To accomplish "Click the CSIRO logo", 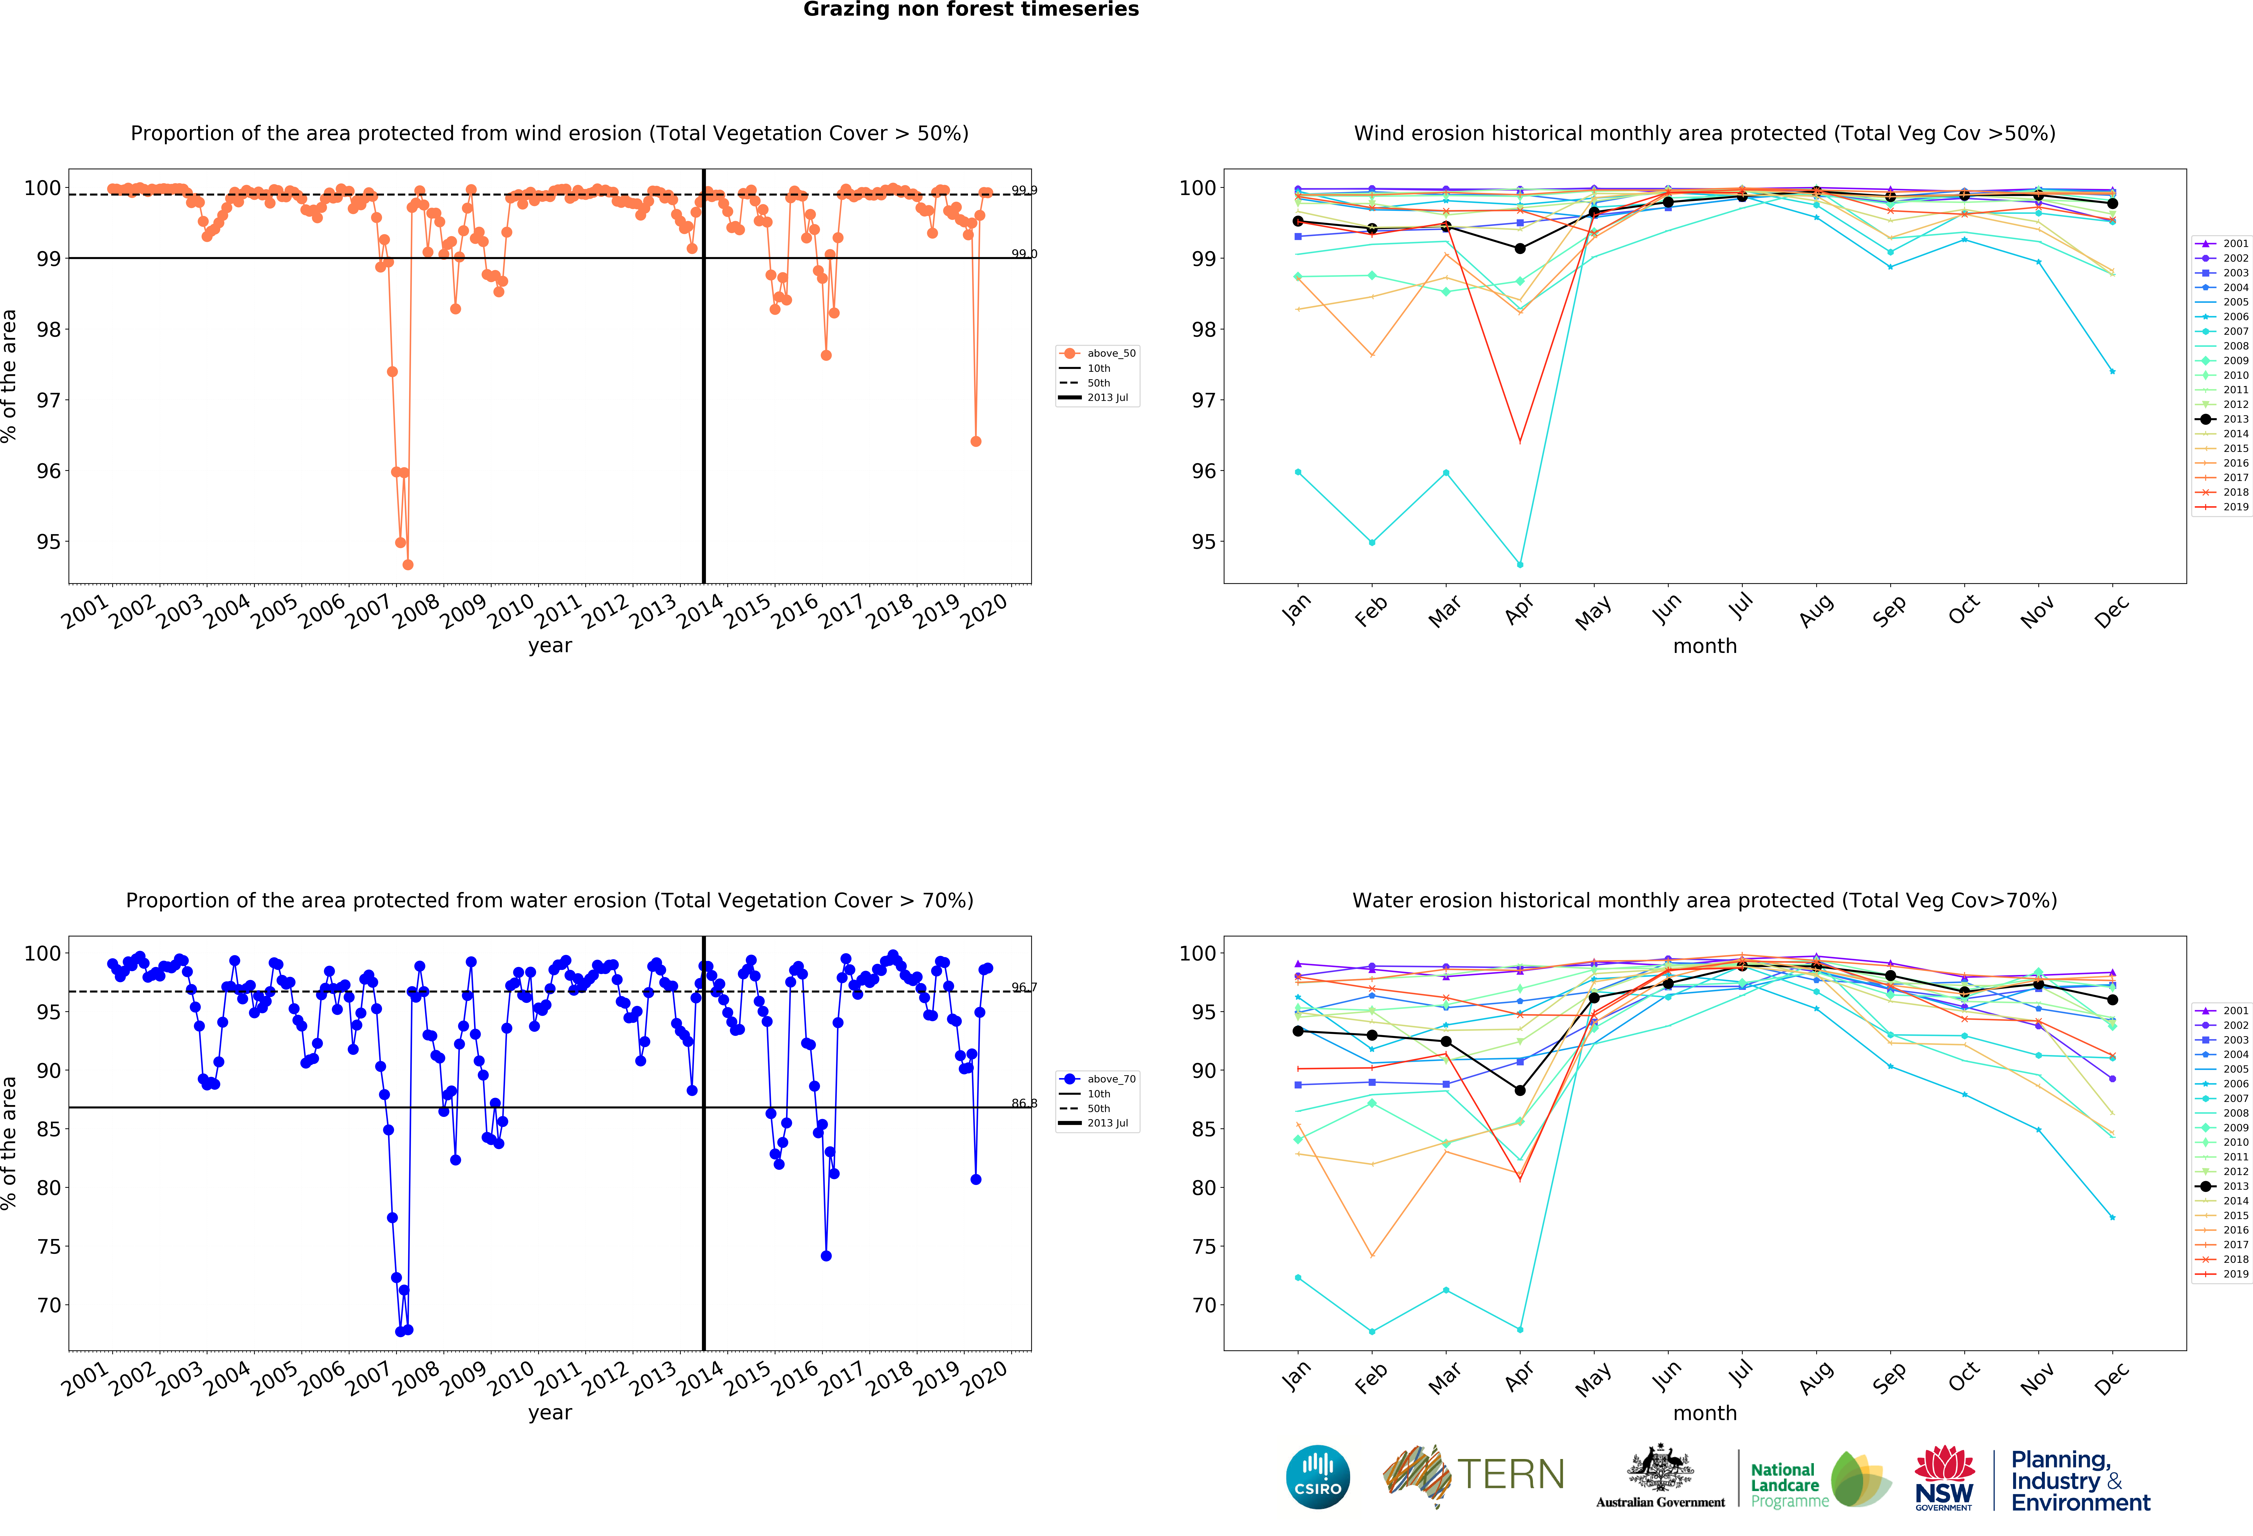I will pyautogui.click(x=1317, y=1477).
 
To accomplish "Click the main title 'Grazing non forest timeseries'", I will pyautogui.click(x=970, y=10).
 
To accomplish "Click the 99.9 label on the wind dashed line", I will pyautogui.click(x=1024, y=190).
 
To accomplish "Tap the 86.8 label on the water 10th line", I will pyautogui.click(x=1024, y=1104).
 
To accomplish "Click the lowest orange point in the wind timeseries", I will pyautogui.click(x=408, y=564).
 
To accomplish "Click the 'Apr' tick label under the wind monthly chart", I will pyautogui.click(x=1519, y=609).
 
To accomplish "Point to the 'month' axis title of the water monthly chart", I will pyautogui.click(x=1704, y=1413).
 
